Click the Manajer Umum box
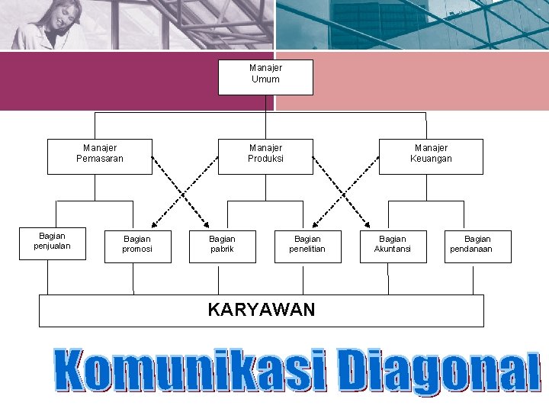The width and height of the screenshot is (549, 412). tap(265, 77)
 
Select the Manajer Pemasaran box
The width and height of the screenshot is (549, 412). tap(100, 156)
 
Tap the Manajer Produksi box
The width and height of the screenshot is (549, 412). tap(265, 156)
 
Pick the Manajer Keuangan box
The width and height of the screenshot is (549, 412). tap(431, 156)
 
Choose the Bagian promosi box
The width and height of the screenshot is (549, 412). tap(137, 246)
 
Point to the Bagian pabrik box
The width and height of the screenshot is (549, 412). tap(222, 246)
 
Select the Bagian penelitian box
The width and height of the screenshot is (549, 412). tap(307, 246)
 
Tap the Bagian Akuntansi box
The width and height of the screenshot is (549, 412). tap(393, 246)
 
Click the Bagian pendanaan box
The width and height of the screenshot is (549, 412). tap(478, 246)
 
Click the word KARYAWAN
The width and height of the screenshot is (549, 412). tap(262, 309)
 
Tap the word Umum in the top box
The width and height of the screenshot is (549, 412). tap(265, 79)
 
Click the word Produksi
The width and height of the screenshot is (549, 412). tap(265, 159)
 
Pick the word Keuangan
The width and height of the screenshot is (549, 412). tap(431, 159)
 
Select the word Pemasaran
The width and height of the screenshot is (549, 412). tap(100, 159)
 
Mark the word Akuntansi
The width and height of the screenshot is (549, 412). tap(393, 249)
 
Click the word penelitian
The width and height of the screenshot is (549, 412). tap(307, 249)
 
